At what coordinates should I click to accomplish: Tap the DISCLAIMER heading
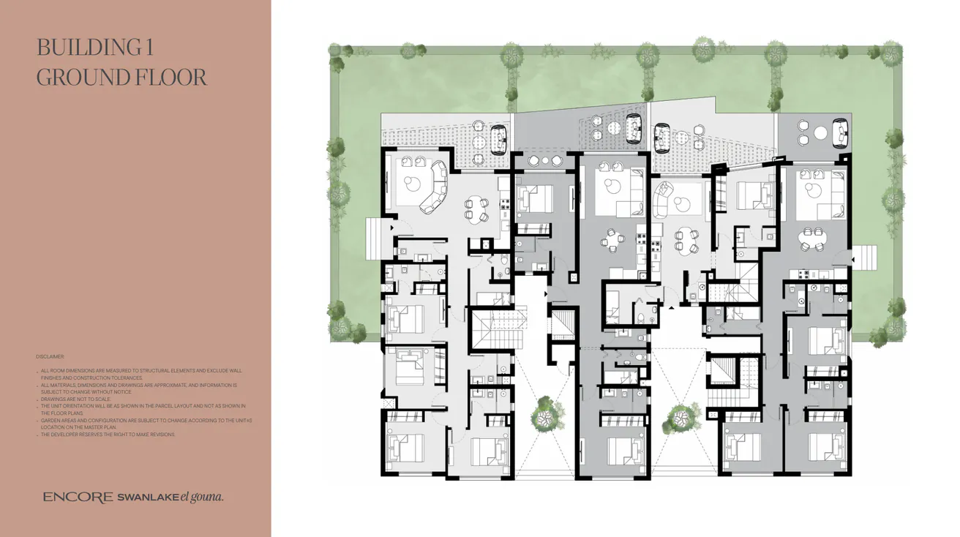coord(50,356)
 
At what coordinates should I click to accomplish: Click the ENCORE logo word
coord(78,497)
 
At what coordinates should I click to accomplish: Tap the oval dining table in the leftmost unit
coord(475,209)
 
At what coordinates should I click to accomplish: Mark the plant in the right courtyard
coord(679,418)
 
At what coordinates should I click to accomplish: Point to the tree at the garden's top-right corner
coord(890,53)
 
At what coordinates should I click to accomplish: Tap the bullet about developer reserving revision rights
coord(108,435)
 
